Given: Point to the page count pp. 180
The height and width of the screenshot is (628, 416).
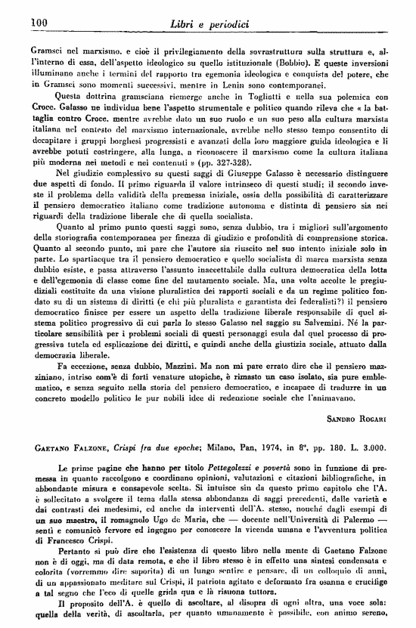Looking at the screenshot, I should tap(321, 448).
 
